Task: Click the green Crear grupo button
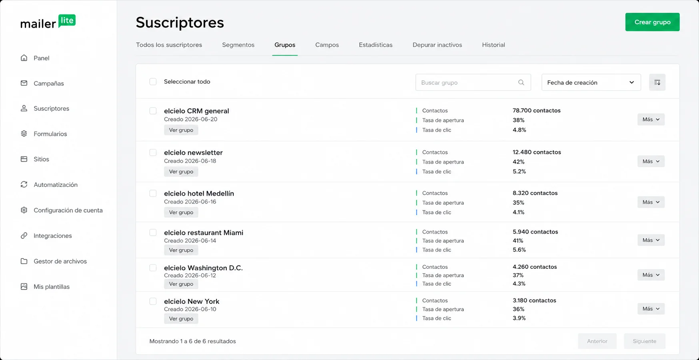[x=652, y=22]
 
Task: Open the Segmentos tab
[x=238, y=45]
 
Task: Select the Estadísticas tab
[x=375, y=45]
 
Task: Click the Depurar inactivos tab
[x=437, y=45]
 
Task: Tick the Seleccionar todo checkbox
[x=153, y=82]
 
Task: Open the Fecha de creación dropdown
[x=591, y=82]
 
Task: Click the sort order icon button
[x=657, y=82]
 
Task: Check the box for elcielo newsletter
[x=153, y=152]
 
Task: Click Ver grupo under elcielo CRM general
[x=181, y=130]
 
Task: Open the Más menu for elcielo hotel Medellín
[x=651, y=202]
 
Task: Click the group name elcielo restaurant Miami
[x=204, y=232]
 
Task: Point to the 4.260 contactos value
[x=535, y=267]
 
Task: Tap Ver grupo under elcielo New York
[x=181, y=319]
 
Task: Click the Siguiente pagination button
[x=644, y=341]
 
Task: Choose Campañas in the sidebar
[x=49, y=83]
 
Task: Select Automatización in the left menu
[x=56, y=185]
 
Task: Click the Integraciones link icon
[x=24, y=236]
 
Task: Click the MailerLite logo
[x=48, y=22]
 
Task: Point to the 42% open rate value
[x=519, y=162]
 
